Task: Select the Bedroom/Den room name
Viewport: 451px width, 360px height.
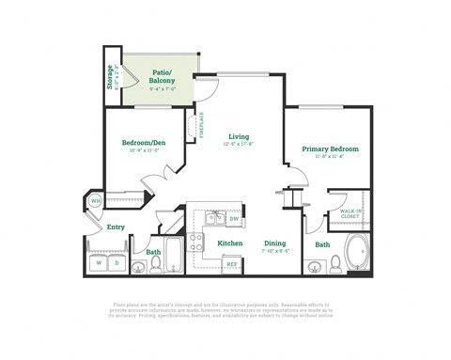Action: (144, 143)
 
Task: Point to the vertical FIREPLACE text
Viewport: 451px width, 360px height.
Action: (201, 124)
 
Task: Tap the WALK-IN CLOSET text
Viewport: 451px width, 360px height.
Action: (350, 214)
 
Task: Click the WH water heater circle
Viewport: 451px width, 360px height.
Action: (96, 201)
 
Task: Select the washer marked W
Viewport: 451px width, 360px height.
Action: (100, 263)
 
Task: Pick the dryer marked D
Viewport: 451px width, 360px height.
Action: (117, 263)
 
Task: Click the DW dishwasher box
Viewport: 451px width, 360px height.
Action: (234, 219)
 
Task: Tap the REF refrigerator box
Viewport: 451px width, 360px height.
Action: (231, 264)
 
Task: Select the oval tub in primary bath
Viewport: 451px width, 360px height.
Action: (357, 254)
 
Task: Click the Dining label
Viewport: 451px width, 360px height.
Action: (274, 243)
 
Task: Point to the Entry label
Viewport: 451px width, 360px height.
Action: (116, 227)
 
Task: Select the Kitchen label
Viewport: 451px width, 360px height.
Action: (230, 243)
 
